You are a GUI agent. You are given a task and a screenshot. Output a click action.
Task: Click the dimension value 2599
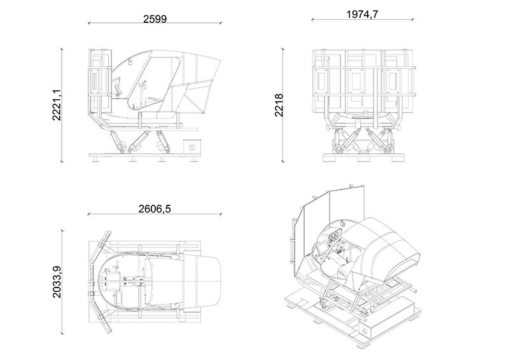point(155,18)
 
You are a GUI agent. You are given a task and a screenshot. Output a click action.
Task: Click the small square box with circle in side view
point(191,146)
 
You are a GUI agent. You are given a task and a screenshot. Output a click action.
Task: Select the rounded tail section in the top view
point(207,279)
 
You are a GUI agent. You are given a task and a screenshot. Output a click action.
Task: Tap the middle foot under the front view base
point(364,158)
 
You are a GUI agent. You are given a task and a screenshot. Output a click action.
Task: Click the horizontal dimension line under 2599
point(155,24)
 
